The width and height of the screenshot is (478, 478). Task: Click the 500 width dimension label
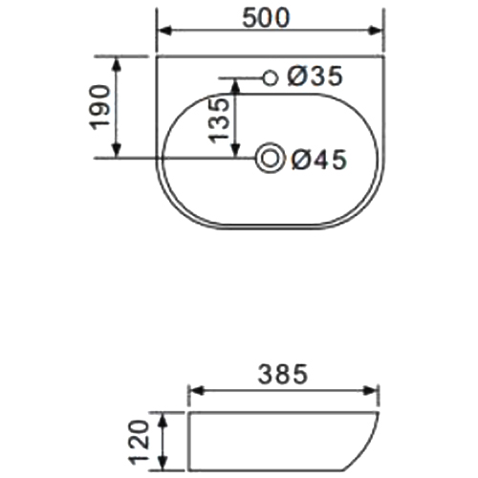pyautogui.click(x=266, y=18)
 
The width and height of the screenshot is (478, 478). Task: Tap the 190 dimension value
pyautogui.click(x=100, y=107)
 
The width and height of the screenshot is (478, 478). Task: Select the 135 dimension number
pyautogui.click(x=219, y=119)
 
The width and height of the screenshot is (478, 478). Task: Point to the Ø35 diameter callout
pyautogui.click(x=315, y=76)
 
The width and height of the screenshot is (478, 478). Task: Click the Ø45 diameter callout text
pyautogui.click(x=318, y=160)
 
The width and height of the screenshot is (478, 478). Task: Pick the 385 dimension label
pyautogui.click(x=283, y=374)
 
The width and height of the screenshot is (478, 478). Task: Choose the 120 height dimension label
pyautogui.click(x=139, y=442)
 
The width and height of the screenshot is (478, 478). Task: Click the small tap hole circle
pyautogui.click(x=271, y=77)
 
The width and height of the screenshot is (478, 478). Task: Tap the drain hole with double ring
pyautogui.click(x=271, y=158)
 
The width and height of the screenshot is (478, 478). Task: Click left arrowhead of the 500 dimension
pyautogui.click(x=165, y=31)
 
